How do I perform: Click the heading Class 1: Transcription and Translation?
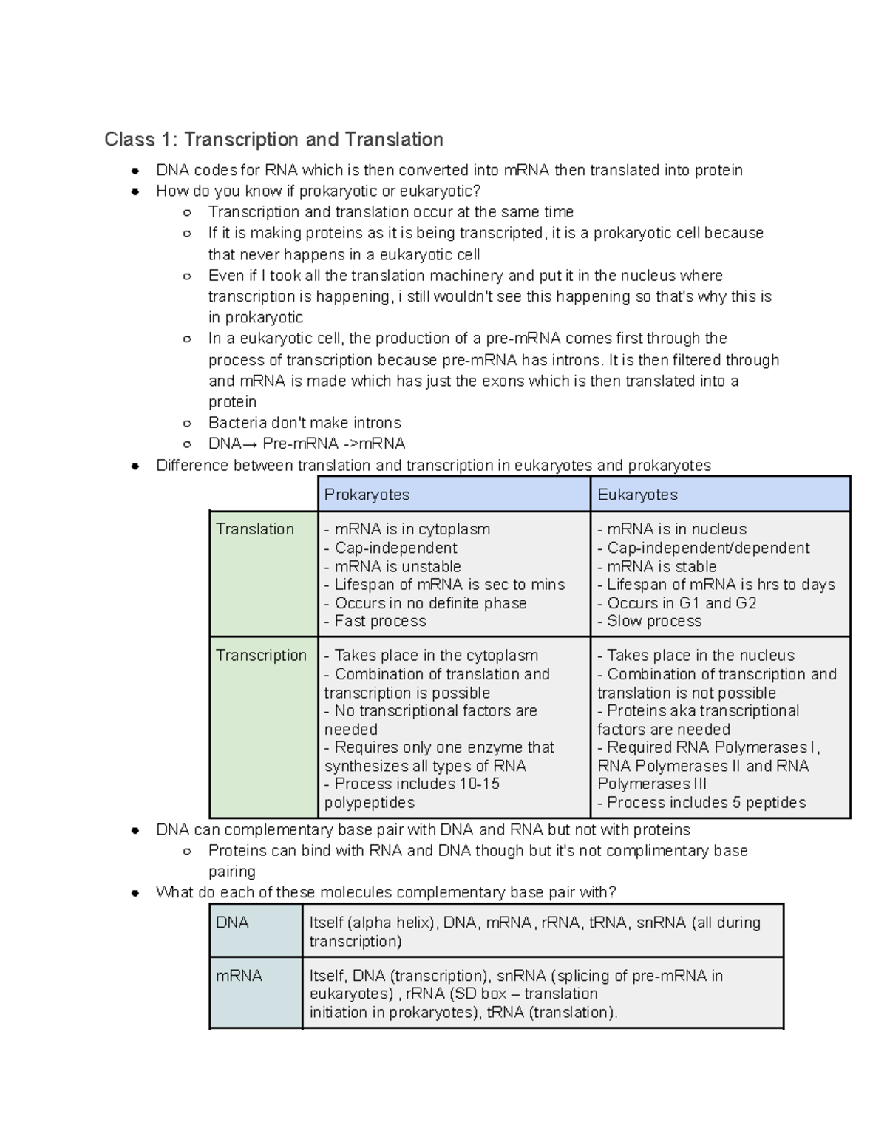(273, 140)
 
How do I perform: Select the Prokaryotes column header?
(367, 495)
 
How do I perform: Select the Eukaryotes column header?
(637, 495)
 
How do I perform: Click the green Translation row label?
(255, 529)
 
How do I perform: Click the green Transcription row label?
(261, 656)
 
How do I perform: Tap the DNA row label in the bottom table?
(232, 923)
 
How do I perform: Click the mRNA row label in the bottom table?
(239, 976)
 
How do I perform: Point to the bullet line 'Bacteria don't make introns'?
(305, 423)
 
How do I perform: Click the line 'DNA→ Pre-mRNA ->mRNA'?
(307, 444)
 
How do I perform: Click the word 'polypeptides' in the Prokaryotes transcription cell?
(370, 803)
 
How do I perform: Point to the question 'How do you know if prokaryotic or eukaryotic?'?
(319, 191)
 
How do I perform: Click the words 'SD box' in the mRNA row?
(484, 994)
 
